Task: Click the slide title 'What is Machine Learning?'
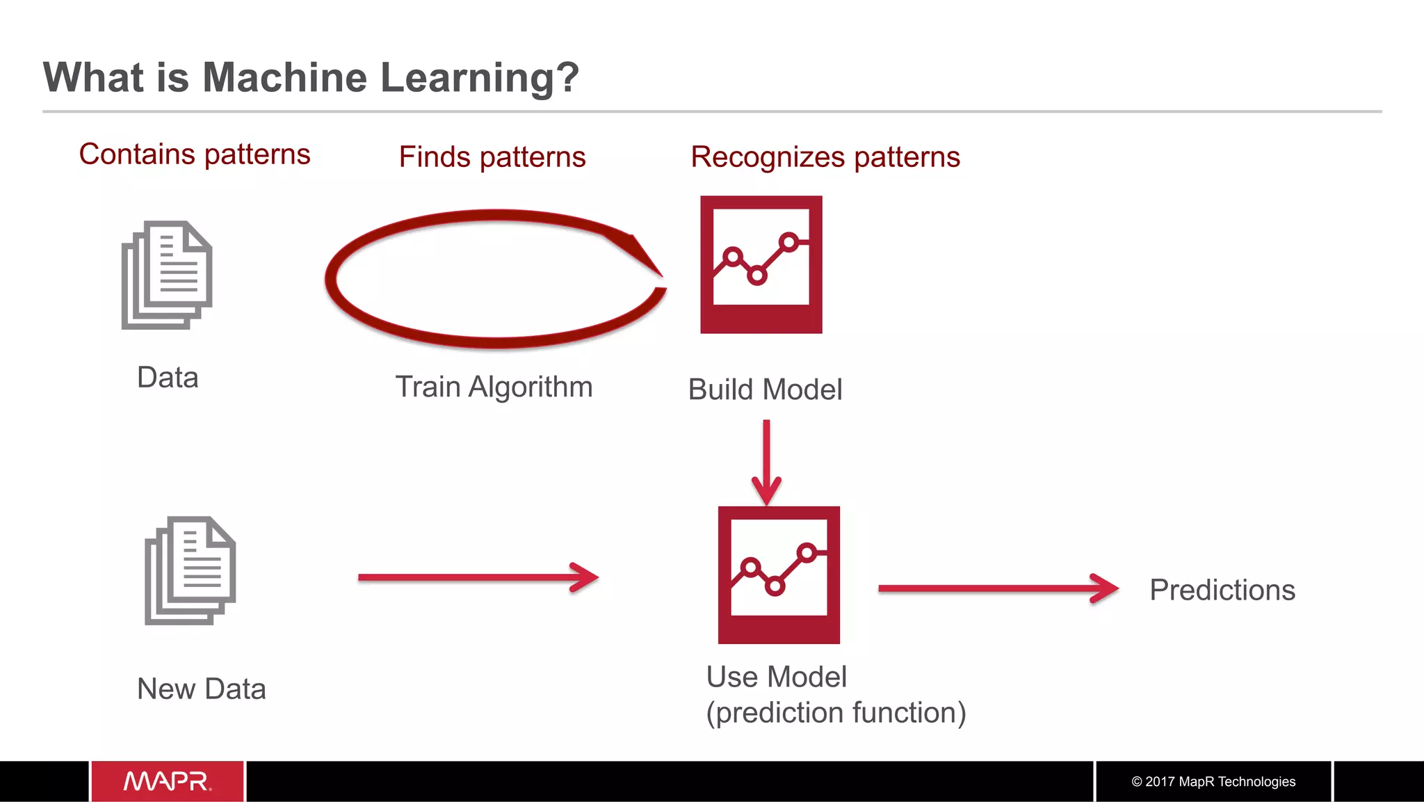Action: click(x=311, y=77)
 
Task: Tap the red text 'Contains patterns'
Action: click(x=195, y=154)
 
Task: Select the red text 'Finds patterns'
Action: click(x=492, y=157)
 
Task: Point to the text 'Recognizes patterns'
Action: click(x=825, y=157)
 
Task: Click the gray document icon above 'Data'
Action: click(x=167, y=275)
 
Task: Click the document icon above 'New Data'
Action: click(x=190, y=570)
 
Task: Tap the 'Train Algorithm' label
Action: click(x=494, y=387)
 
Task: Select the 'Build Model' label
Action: click(x=765, y=390)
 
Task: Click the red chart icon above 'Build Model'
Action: click(x=761, y=264)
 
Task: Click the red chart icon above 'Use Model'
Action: click(x=779, y=575)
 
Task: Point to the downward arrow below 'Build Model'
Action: click(x=766, y=463)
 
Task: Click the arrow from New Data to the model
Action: click(x=478, y=577)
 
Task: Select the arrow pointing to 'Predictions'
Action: click(x=998, y=588)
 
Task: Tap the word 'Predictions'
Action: click(x=1222, y=590)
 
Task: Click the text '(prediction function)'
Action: click(x=836, y=713)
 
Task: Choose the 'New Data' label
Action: click(x=202, y=689)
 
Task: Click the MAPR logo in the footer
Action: click(x=168, y=781)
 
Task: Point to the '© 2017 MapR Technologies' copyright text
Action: click(x=1213, y=781)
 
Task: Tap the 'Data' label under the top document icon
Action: click(x=168, y=378)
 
